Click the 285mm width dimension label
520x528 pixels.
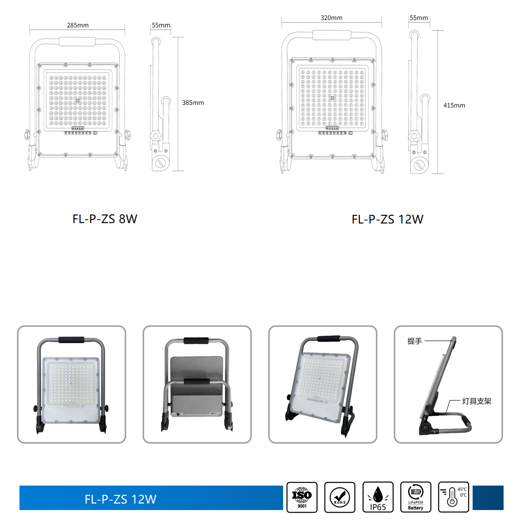point(78,25)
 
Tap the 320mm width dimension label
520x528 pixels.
point(331,18)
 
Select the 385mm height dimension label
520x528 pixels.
point(193,103)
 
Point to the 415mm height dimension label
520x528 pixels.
point(454,105)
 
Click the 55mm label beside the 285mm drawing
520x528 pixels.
point(161,25)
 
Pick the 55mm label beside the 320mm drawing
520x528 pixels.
point(419,18)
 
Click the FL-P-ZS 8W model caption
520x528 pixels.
point(105,219)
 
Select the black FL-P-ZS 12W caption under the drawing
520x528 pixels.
point(387,219)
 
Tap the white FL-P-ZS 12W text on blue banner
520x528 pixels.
point(121,499)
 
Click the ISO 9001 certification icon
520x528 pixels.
point(302,497)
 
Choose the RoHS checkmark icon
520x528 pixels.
point(340,497)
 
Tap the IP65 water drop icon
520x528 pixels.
point(378,497)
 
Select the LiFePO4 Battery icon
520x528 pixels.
point(416,497)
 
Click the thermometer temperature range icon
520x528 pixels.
point(454,497)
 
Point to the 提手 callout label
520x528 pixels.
point(415,341)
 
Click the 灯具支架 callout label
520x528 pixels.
point(477,401)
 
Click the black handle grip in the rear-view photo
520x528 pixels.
point(196,340)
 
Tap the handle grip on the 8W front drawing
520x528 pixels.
point(77,42)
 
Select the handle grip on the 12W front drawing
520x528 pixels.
point(332,35)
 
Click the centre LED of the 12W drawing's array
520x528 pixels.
point(332,98)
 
